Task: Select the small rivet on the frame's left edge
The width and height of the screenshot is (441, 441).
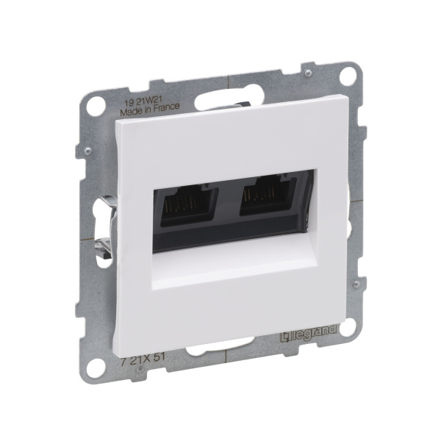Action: (x=86, y=151)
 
